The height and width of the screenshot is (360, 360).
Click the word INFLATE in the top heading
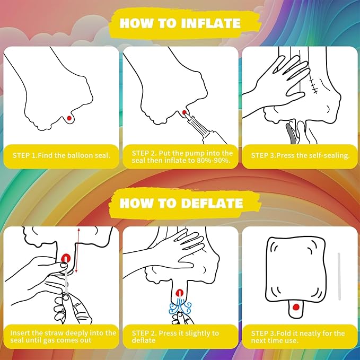211,23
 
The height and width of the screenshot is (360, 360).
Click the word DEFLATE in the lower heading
213,203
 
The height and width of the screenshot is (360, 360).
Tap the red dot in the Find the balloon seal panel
69,118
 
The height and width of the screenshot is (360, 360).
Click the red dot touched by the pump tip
184,112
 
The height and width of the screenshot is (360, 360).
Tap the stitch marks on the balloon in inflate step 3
314,84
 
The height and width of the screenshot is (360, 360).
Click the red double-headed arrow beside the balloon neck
77,250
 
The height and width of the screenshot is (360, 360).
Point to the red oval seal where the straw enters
66,259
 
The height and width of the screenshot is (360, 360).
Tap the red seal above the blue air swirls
179,293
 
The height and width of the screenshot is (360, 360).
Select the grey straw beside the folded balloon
339,276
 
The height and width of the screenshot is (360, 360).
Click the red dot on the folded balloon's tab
296,307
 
